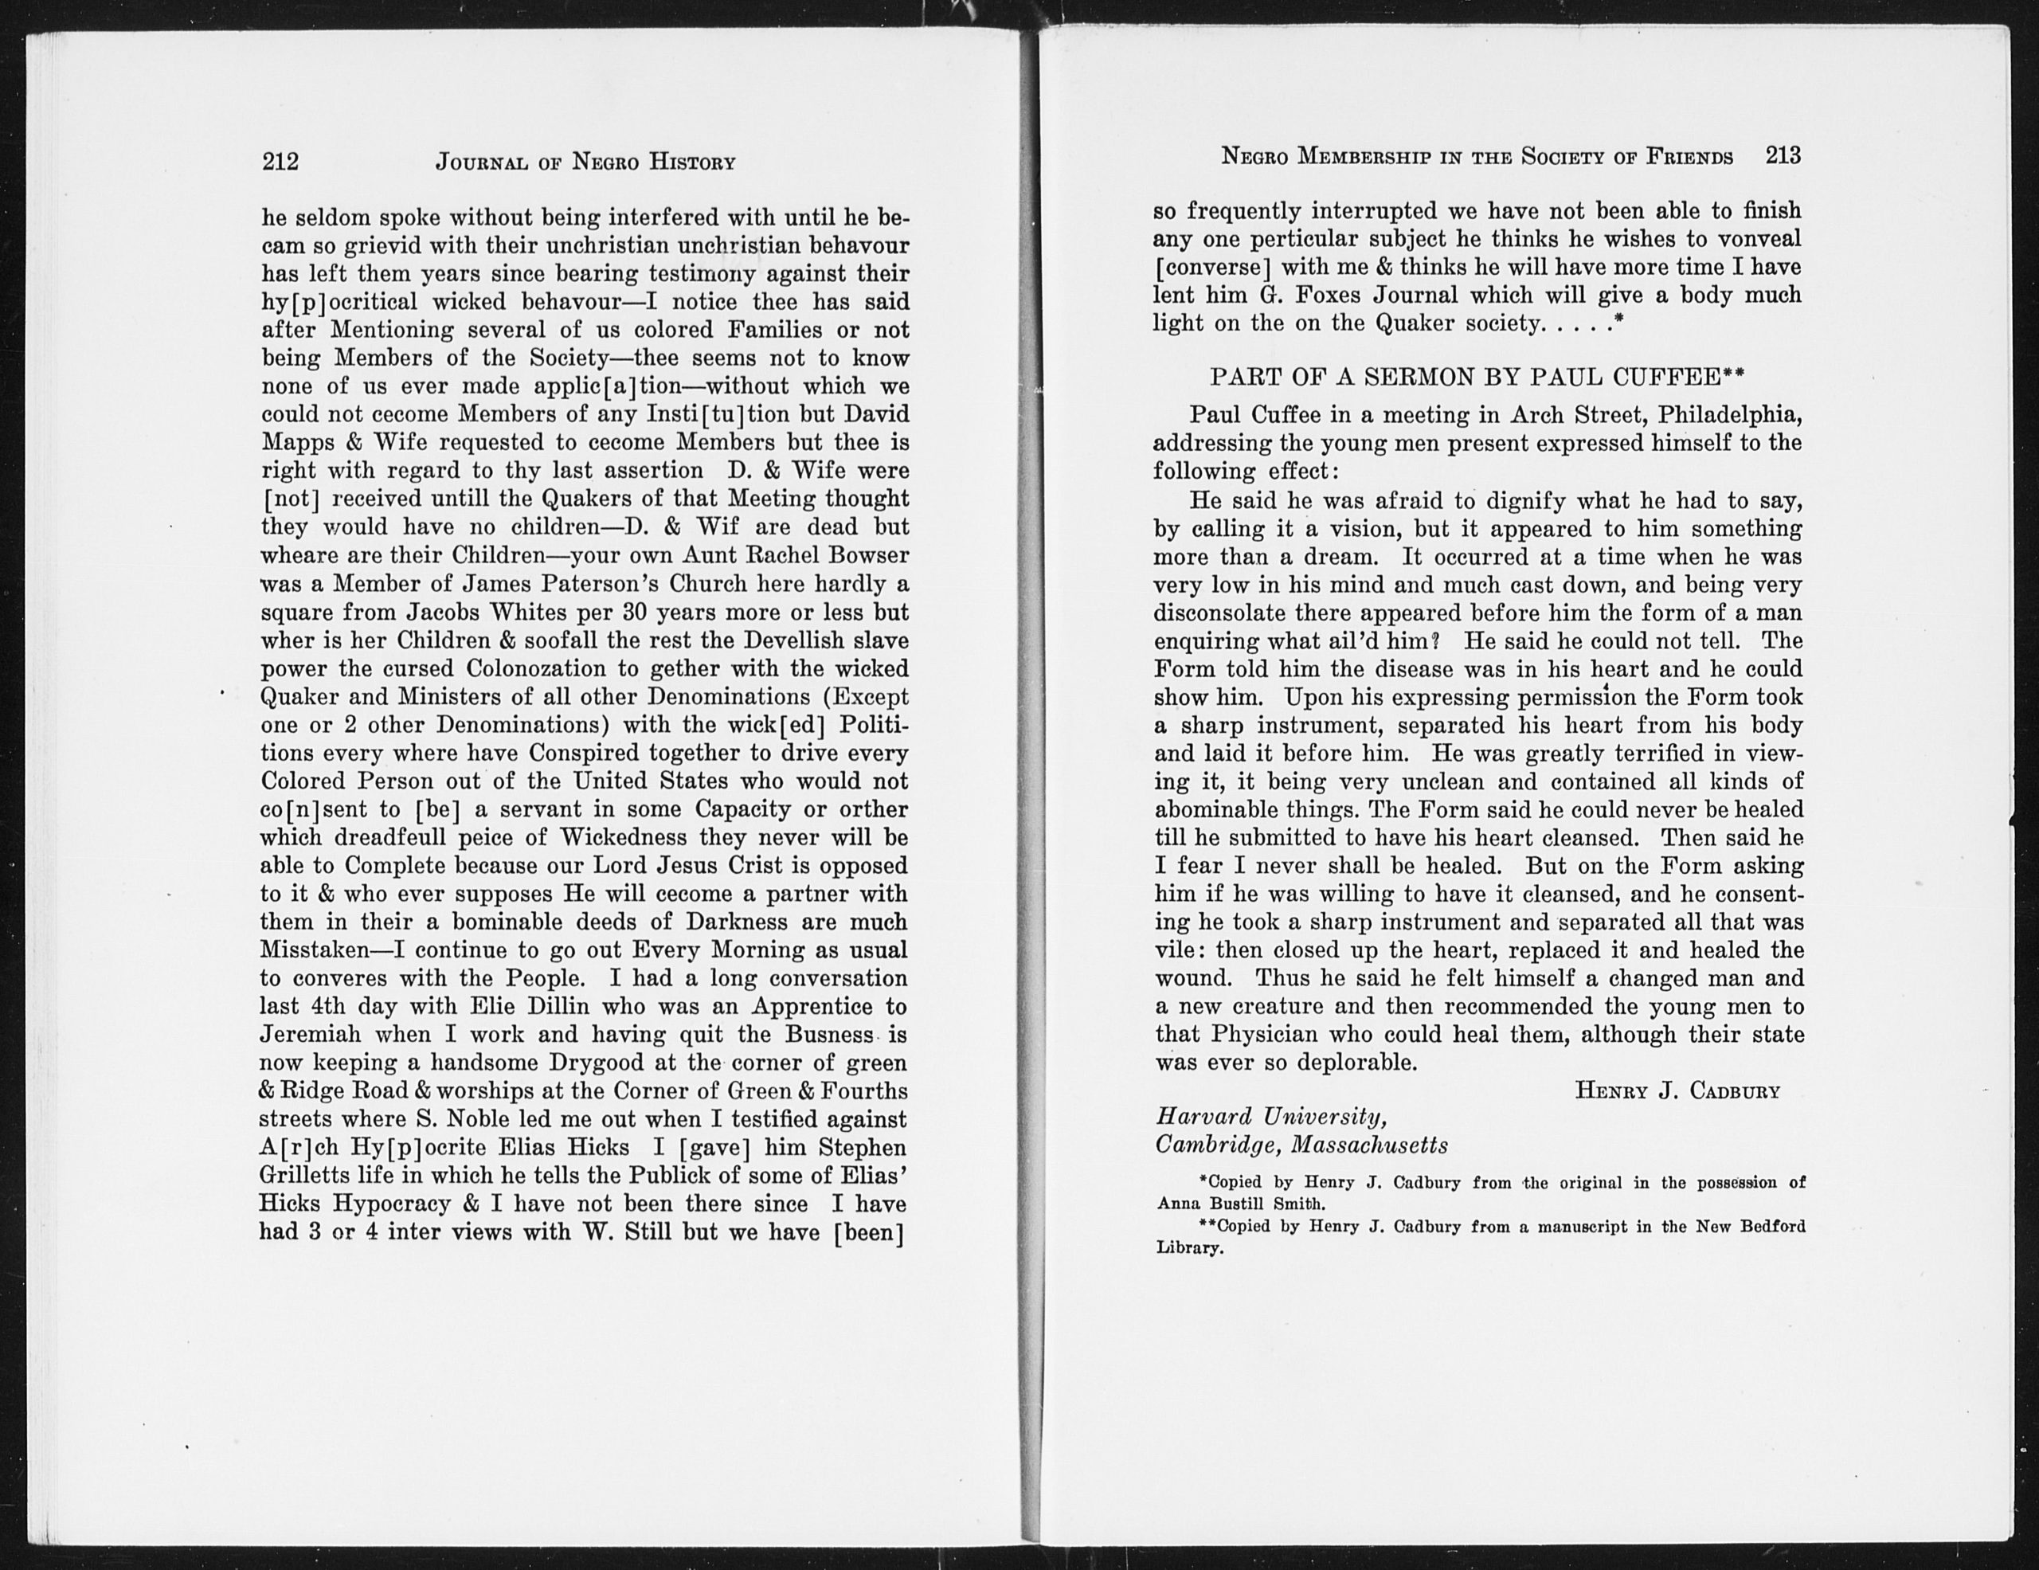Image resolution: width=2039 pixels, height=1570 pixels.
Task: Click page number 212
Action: pyautogui.click(x=280, y=162)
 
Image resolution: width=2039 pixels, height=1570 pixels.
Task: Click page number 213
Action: pyautogui.click(x=1783, y=155)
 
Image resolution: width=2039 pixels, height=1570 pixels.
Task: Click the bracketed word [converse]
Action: pyautogui.click(x=1213, y=268)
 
